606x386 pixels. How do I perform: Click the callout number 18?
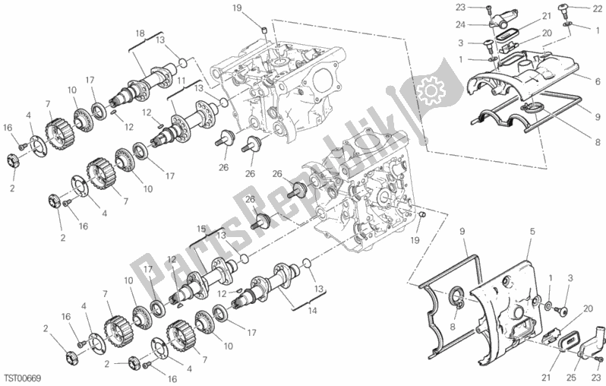point(140,34)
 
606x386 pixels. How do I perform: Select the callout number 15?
point(201,228)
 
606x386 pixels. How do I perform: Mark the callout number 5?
point(532,231)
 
